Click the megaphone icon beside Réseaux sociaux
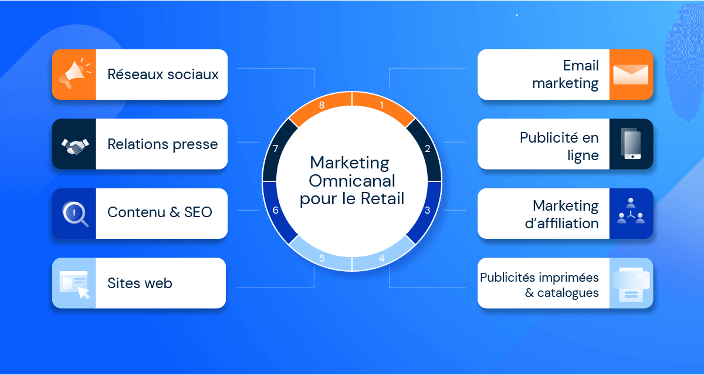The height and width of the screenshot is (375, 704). (x=76, y=74)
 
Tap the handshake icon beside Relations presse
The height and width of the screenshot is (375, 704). (x=75, y=146)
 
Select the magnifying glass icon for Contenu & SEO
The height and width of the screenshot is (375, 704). (x=75, y=214)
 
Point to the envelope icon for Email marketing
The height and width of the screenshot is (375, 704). (x=631, y=75)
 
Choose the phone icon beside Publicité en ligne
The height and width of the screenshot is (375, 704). (x=631, y=144)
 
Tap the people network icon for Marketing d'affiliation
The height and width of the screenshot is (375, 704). (x=631, y=211)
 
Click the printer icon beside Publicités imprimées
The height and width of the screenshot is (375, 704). (x=631, y=284)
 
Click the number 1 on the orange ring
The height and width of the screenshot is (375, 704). (x=382, y=105)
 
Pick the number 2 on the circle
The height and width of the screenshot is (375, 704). (x=428, y=148)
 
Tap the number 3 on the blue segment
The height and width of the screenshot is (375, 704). (x=428, y=210)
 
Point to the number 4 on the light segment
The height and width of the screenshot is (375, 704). (x=382, y=258)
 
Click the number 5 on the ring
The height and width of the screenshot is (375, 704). (x=322, y=258)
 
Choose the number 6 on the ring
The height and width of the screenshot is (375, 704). (x=276, y=210)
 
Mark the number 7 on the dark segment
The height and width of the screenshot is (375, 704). (x=276, y=148)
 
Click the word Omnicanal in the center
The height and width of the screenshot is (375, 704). (x=352, y=181)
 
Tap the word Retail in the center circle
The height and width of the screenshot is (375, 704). (x=382, y=199)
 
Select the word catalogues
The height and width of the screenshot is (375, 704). (x=568, y=293)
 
